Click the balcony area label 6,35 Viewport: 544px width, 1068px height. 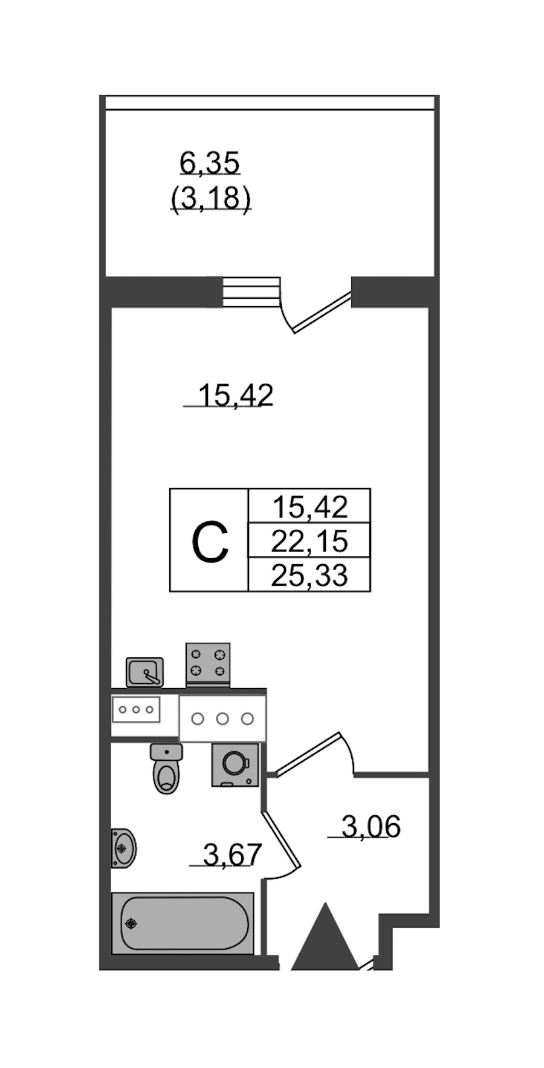[209, 163]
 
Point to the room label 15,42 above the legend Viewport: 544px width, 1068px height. [235, 396]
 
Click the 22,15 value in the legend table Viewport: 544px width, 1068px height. [309, 541]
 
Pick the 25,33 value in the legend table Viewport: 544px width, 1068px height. [309, 576]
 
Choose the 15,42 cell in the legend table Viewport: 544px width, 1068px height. [309, 507]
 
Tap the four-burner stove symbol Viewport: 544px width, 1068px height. [207, 664]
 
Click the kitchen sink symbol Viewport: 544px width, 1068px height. [144, 672]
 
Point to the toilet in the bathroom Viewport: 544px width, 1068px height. [166, 768]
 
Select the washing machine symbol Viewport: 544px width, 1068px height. [235, 765]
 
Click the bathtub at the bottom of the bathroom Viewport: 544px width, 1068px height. [183, 923]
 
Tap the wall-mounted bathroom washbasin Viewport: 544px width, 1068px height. [123, 848]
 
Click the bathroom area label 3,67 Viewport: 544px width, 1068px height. [232, 855]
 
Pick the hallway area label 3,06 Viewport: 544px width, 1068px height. [371, 827]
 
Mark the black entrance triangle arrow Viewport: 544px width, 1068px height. [325, 936]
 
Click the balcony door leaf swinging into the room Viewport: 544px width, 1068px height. [322, 312]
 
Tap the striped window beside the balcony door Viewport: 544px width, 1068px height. [251, 292]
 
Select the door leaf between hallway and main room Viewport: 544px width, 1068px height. [307, 754]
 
